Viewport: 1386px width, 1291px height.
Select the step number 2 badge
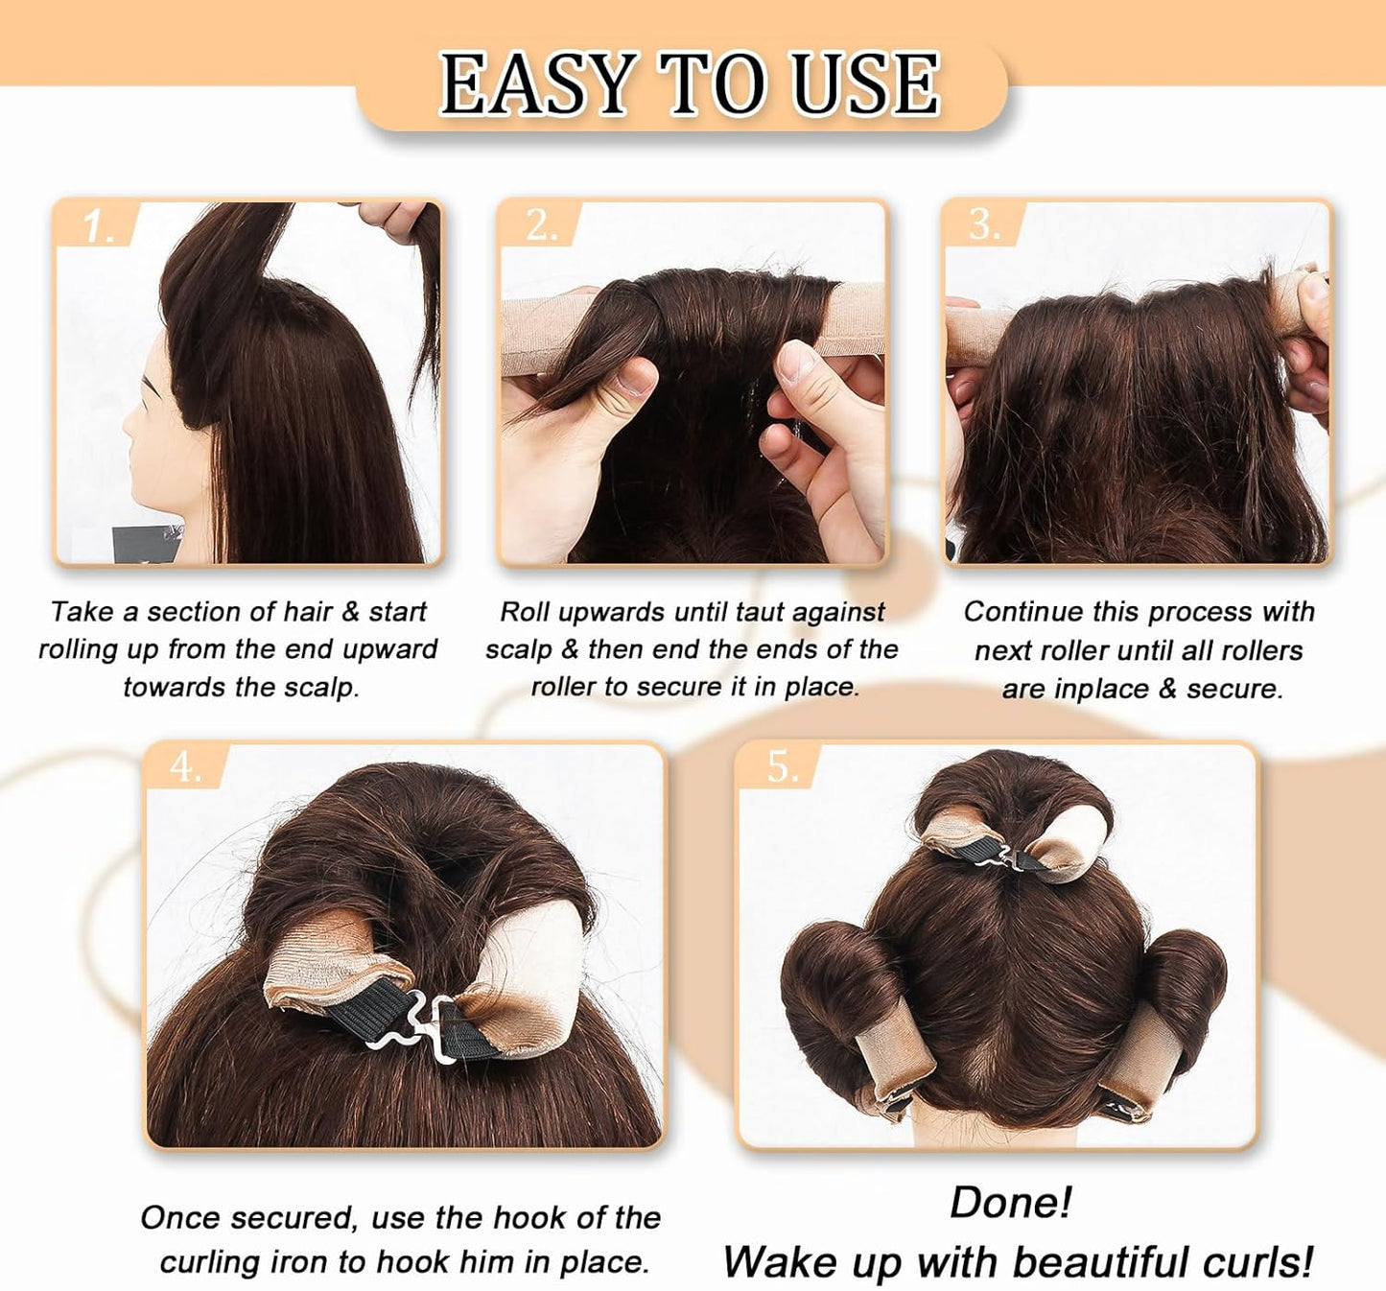coord(541,225)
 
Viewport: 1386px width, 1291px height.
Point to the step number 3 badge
coord(984,224)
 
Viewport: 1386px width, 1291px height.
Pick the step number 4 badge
coord(185,767)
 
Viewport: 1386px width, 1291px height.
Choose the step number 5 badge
coord(782,766)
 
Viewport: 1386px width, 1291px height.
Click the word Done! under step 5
coord(1010,1203)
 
